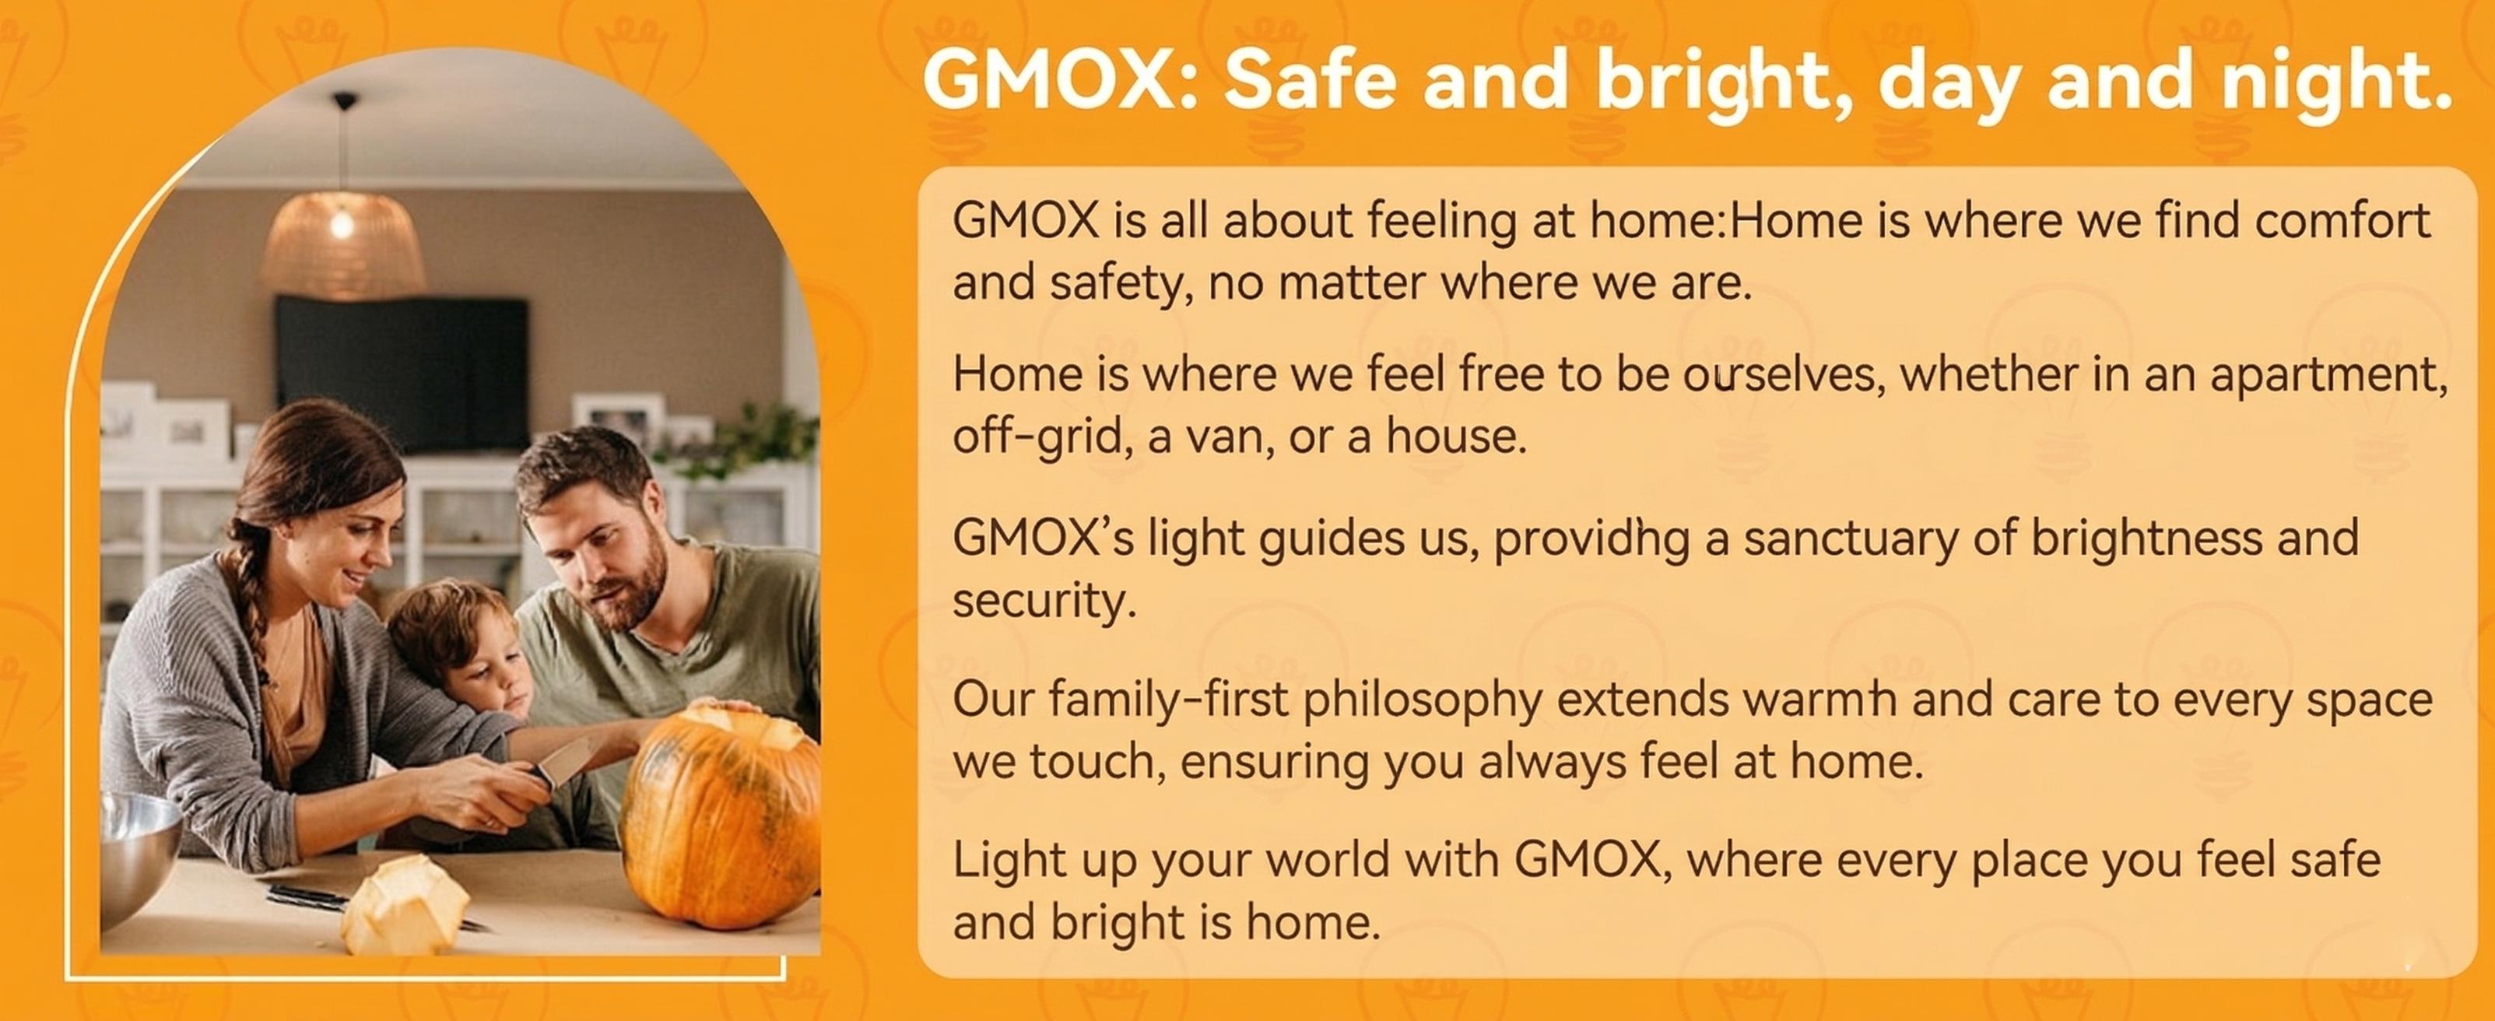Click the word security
(1043, 602)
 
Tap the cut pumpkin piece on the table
(405, 905)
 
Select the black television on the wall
(402, 373)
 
